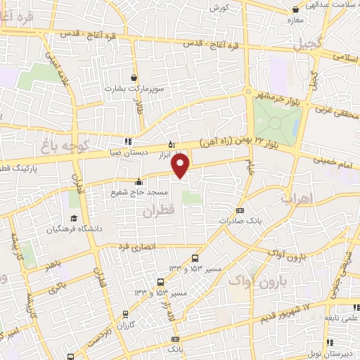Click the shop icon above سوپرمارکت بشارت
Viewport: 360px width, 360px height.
click(134, 77)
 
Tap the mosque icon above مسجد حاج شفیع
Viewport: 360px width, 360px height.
click(139, 179)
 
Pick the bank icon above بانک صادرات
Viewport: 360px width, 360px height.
click(240, 210)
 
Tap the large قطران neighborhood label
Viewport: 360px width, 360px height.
click(157, 210)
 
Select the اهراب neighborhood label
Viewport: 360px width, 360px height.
click(295, 198)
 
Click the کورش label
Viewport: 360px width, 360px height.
click(217, 7)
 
